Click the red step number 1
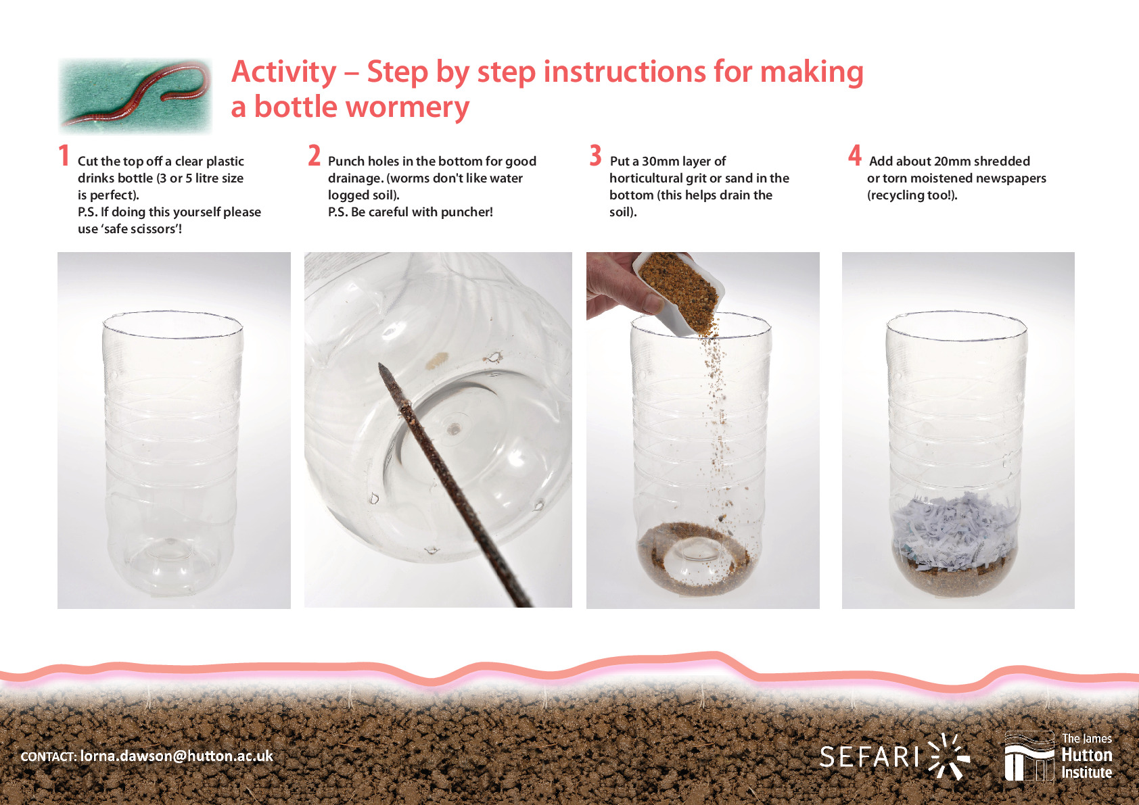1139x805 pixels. (64, 155)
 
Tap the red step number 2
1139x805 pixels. (315, 155)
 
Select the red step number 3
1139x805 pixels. (595, 155)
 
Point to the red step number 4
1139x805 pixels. (855, 155)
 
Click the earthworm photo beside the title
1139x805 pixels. (135, 95)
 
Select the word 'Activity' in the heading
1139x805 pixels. (283, 72)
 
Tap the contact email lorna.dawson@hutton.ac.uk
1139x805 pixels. (177, 756)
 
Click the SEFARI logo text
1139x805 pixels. (870, 757)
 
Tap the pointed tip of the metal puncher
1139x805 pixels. (380, 364)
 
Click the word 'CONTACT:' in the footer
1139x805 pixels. (49, 757)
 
